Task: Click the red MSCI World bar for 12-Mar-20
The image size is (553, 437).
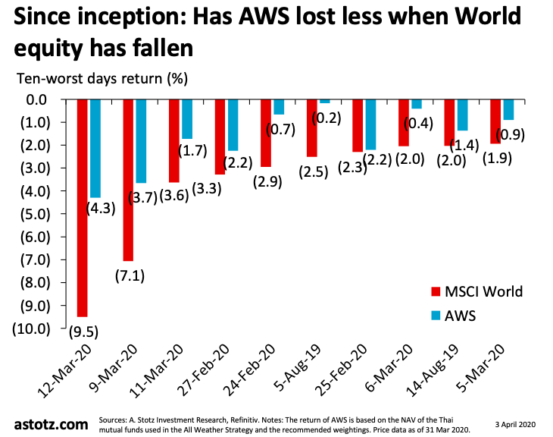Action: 83,208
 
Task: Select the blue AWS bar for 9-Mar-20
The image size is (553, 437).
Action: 141,141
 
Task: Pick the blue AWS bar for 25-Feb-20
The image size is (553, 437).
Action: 370,124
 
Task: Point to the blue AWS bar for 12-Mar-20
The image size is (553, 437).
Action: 95,149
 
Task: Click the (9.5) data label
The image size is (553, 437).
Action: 83,332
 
